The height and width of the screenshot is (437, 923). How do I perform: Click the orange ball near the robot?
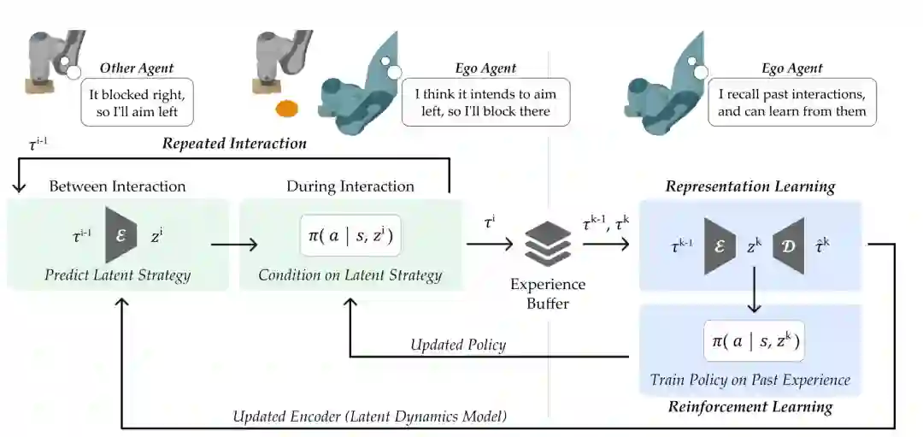[286, 109]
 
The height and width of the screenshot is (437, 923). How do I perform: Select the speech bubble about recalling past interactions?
[791, 103]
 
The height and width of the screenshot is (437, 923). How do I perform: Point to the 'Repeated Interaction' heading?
[234, 144]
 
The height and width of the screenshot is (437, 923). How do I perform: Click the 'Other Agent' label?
[137, 68]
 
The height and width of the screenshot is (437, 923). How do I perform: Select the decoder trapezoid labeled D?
[788, 245]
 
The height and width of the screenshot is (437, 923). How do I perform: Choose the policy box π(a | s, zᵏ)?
[753, 341]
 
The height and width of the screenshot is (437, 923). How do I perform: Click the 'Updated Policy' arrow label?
[458, 345]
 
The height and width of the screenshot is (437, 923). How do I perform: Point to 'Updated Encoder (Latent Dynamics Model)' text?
[370, 416]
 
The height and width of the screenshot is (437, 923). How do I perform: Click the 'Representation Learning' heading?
[750, 186]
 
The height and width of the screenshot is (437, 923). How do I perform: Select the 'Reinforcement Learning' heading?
[751, 407]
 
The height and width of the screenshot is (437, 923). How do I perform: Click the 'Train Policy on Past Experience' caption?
[750, 379]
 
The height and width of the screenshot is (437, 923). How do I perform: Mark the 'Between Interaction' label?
[117, 186]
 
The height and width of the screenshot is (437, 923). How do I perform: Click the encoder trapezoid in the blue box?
[720, 245]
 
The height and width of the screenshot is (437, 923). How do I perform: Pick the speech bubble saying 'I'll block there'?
[485, 103]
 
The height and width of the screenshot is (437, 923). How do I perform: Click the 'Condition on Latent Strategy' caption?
[350, 275]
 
